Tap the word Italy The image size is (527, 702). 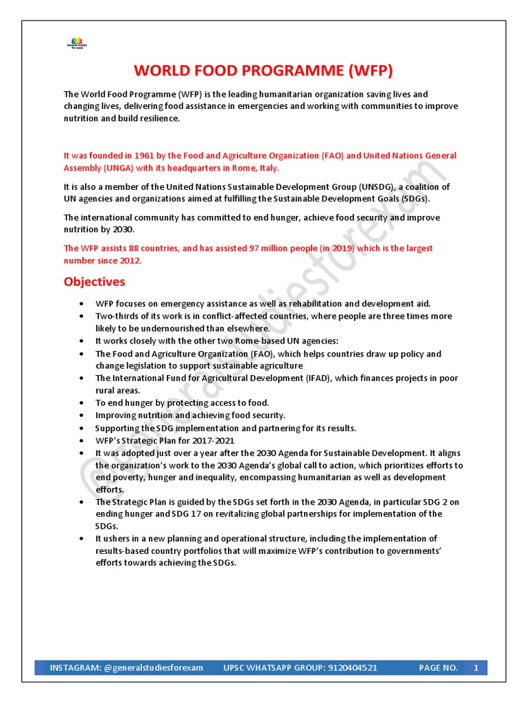[x=267, y=168]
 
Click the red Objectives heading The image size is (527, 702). [x=95, y=282]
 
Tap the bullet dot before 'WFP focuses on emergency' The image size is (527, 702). [x=82, y=304]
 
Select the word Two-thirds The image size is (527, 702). [x=117, y=316]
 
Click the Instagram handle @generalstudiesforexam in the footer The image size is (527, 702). [x=154, y=668]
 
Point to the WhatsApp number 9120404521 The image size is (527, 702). [x=344, y=668]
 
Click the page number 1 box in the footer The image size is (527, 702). [x=475, y=668]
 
